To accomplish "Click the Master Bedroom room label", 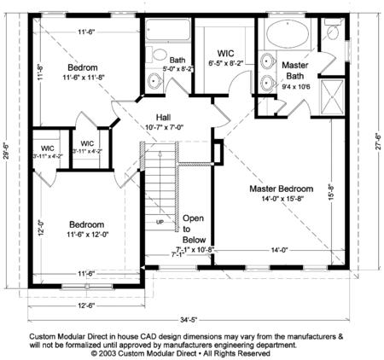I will point(281,188).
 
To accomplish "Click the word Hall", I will point(166,117).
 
